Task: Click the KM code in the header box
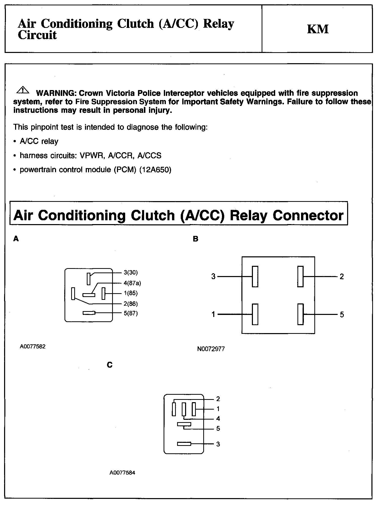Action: coord(318,29)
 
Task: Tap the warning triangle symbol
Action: coord(23,90)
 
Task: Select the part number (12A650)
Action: coord(155,170)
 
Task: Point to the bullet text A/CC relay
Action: coord(39,141)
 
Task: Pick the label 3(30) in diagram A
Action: coord(131,272)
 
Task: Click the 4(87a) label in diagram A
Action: coord(132,283)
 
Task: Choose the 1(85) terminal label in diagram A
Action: coord(131,293)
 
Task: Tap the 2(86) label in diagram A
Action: coord(131,304)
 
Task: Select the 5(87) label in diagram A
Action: coord(131,313)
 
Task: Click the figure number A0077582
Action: coord(33,347)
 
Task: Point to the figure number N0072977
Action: coord(211,349)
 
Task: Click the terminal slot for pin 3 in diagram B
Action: coord(255,277)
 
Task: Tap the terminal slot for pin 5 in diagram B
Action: coord(301,314)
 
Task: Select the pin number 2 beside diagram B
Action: coord(341,277)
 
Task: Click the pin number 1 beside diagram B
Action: coord(213,314)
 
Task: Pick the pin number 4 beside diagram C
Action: coord(218,419)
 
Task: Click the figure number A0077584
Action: coord(122,473)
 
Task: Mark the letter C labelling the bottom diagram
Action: coord(110,365)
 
